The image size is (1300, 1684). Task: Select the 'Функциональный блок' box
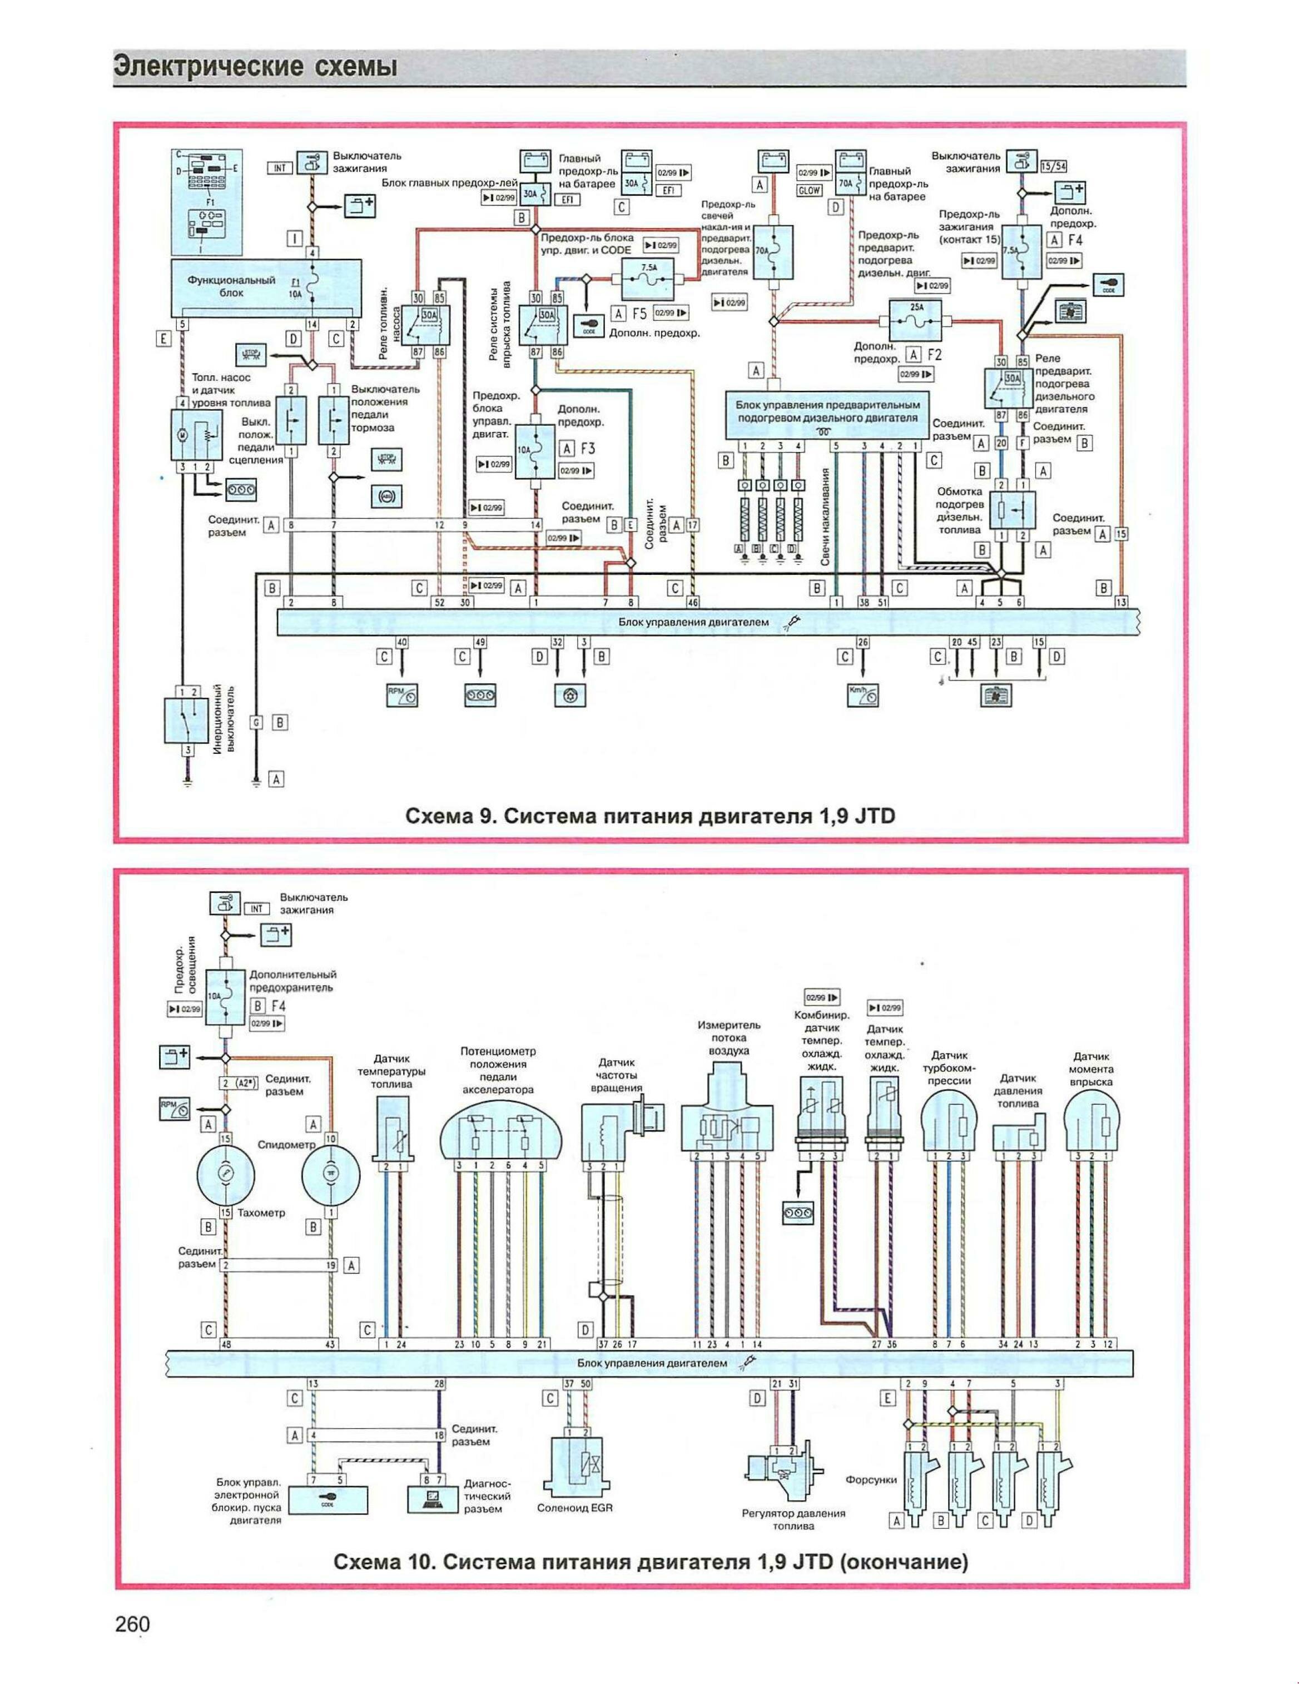(x=265, y=287)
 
